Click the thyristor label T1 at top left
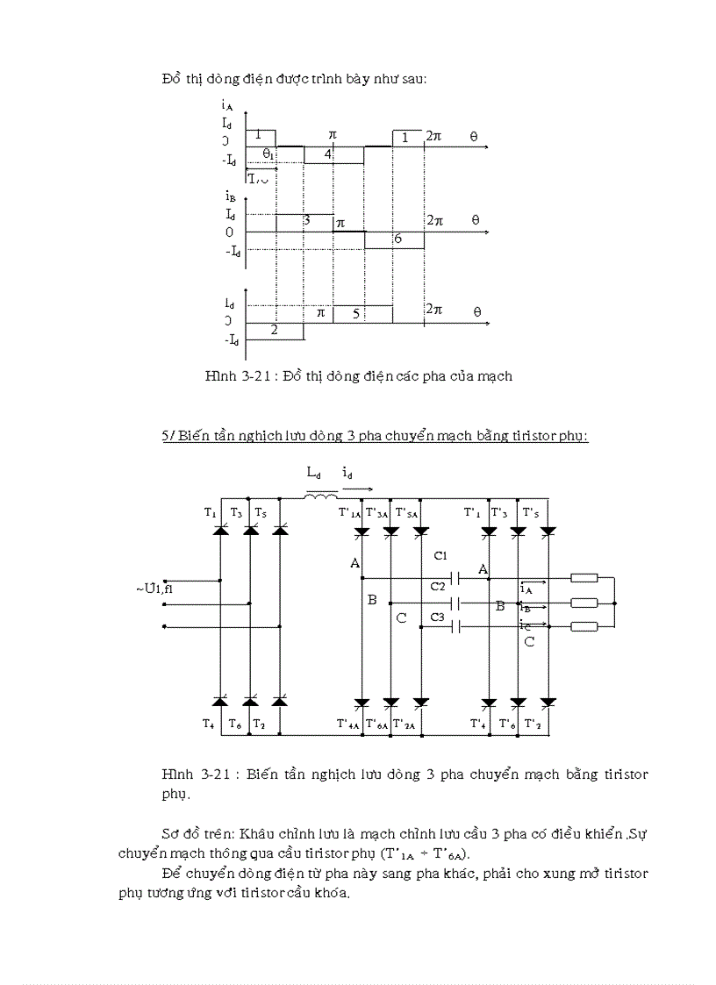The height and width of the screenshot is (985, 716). tap(211, 512)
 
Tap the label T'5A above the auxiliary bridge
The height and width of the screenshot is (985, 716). tap(407, 512)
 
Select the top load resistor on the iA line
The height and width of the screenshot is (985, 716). tap(584, 577)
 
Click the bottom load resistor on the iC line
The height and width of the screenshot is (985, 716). tap(584, 626)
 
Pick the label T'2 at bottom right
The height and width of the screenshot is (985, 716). tap(532, 724)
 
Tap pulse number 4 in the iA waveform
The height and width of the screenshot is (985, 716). tap(328, 154)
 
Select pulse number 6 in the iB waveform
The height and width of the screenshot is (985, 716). tap(397, 239)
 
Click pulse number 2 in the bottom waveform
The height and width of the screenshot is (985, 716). tap(274, 331)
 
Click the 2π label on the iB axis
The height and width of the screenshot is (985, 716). tap(434, 220)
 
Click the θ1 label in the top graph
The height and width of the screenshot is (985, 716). tap(268, 153)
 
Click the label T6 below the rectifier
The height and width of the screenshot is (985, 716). tap(234, 724)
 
